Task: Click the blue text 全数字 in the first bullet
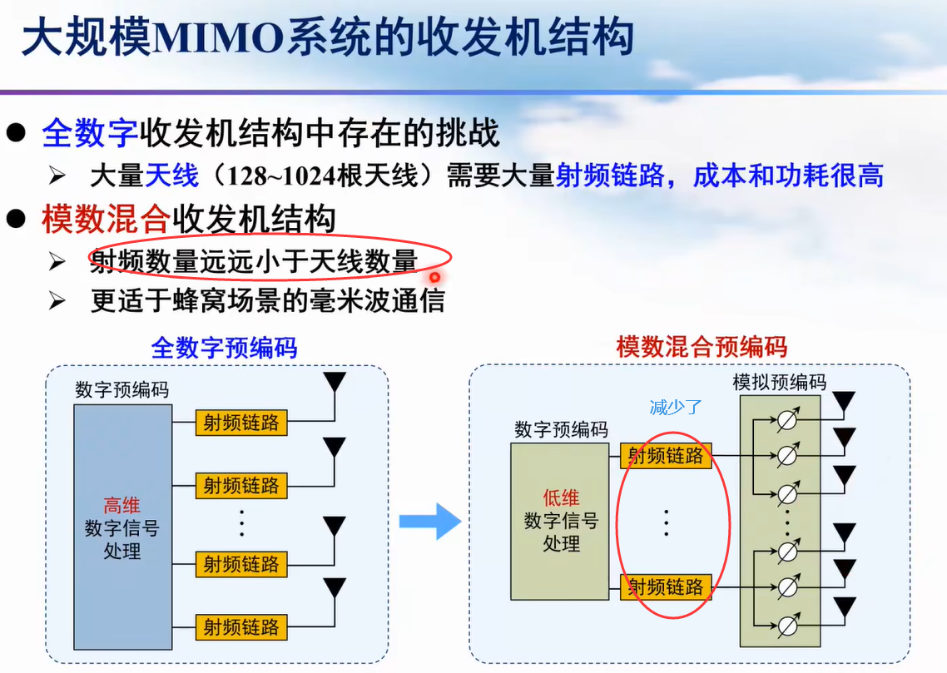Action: pyautogui.click(x=90, y=133)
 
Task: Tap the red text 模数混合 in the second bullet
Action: pyautogui.click(x=106, y=220)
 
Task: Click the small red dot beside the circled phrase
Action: pyautogui.click(x=434, y=277)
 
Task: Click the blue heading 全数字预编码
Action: pyautogui.click(x=224, y=347)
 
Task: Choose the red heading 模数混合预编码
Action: pyautogui.click(x=702, y=347)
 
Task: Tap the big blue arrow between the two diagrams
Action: pyautogui.click(x=429, y=522)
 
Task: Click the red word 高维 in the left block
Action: pyautogui.click(x=121, y=505)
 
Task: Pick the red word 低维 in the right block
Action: pyautogui.click(x=561, y=498)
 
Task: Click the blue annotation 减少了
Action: pyautogui.click(x=676, y=408)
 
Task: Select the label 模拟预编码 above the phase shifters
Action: pyautogui.click(x=779, y=382)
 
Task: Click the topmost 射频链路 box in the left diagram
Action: pyautogui.click(x=241, y=423)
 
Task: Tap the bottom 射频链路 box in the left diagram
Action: pyautogui.click(x=241, y=626)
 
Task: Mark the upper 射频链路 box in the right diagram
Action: pyautogui.click(x=666, y=455)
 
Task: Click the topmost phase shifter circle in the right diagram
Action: pyautogui.click(x=787, y=422)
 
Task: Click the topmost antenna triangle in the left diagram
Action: pyautogui.click(x=335, y=382)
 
